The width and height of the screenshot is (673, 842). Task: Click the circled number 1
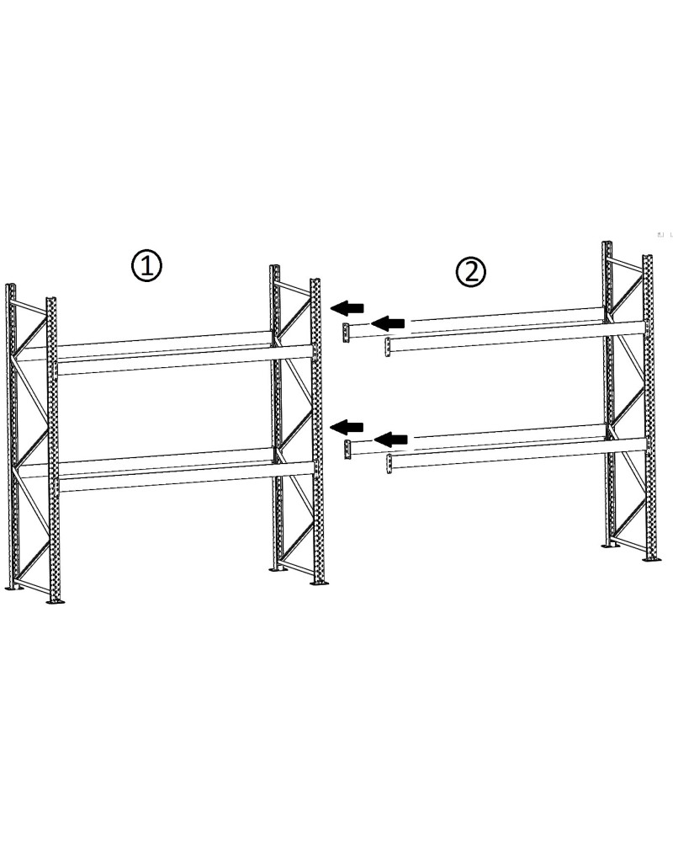click(146, 266)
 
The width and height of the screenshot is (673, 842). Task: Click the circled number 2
click(470, 270)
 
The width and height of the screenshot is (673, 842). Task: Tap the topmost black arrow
click(347, 306)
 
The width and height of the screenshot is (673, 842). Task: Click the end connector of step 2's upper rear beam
click(346, 332)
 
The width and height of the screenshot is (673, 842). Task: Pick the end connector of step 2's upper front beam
click(388, 347)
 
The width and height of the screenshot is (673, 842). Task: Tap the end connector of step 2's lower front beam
click(389, 463)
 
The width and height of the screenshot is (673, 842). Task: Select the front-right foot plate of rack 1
click(319, 582)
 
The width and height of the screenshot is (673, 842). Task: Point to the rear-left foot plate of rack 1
click(13, 587)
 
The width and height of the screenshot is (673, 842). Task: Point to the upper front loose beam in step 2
click(513, 335)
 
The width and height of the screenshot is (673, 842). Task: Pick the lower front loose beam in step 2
click(513, 453)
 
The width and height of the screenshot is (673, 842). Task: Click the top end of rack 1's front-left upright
click(51, 301)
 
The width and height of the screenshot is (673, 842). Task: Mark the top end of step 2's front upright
click(648, 258)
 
